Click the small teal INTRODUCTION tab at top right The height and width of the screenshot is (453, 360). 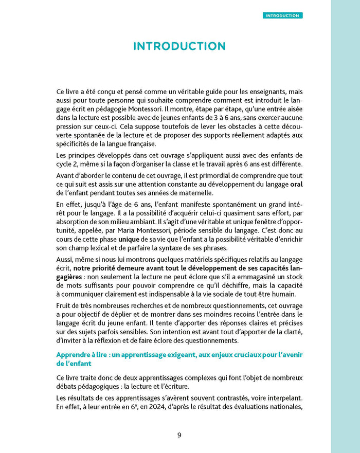(x=283, y=15)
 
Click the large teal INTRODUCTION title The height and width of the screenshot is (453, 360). (x=179, y=46)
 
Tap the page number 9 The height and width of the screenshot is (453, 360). (x=179, y=434)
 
